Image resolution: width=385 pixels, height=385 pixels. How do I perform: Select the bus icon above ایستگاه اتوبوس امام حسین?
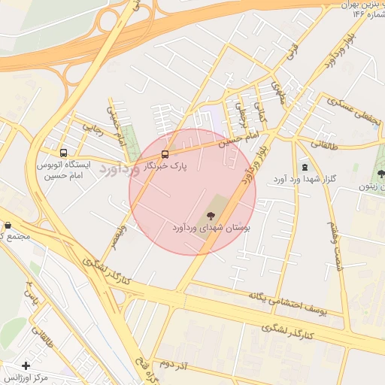tap(63, 150)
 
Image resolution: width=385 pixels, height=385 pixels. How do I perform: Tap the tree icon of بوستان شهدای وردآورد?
tap(210, 216)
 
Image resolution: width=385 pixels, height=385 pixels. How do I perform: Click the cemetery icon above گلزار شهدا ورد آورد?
tap(304, 166)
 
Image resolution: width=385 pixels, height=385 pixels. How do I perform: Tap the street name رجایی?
tap(92, 130)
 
